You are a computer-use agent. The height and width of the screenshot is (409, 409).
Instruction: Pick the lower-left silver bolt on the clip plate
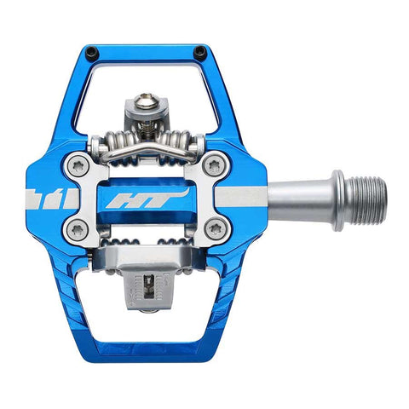click(79, 228)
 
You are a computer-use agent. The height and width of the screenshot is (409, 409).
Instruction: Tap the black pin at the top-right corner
click(200, 52)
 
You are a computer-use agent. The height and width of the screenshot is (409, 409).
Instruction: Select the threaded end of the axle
click(366, 201)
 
